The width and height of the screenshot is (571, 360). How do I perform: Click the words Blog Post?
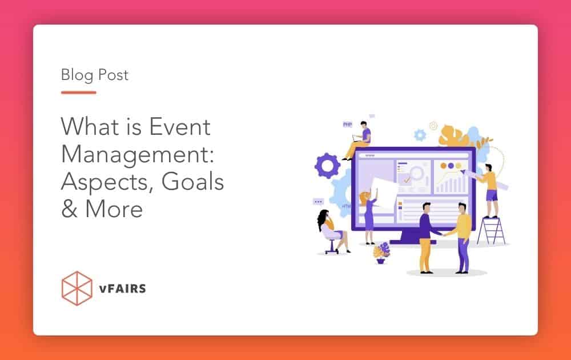tap(95, 75)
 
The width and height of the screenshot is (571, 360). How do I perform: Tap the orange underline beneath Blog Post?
tap(78, 92)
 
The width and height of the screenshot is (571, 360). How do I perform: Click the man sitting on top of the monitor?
tap(359, 140)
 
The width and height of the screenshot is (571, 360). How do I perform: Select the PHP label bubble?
tap(347, 124)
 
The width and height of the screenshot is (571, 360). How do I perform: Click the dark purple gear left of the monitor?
tap(327, 165)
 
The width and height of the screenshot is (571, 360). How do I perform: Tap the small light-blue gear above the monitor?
tap(420, 135)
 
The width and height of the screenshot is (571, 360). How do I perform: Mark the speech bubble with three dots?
tap(318, 202)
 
